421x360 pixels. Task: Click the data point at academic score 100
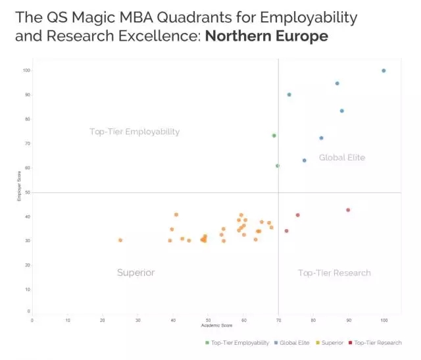click(384, 70)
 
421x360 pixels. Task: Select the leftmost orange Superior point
click(120, 240)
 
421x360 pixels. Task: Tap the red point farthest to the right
click(348, 210)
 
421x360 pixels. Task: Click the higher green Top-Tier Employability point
click(274, 136)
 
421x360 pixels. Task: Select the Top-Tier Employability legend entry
click(237, 342)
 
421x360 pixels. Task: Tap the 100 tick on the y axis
click(27, 70)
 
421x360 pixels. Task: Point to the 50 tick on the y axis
click(27, 192)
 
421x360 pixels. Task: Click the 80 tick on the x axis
click(313, 320)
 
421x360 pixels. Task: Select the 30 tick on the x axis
click(137, 320)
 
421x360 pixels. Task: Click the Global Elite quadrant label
click(342, 157)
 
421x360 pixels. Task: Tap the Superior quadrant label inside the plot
click(136, 272)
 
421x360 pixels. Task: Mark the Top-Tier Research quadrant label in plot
click(334, 272)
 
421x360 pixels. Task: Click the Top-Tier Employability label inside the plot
click(134, 132)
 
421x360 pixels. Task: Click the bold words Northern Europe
click(266, 36)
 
